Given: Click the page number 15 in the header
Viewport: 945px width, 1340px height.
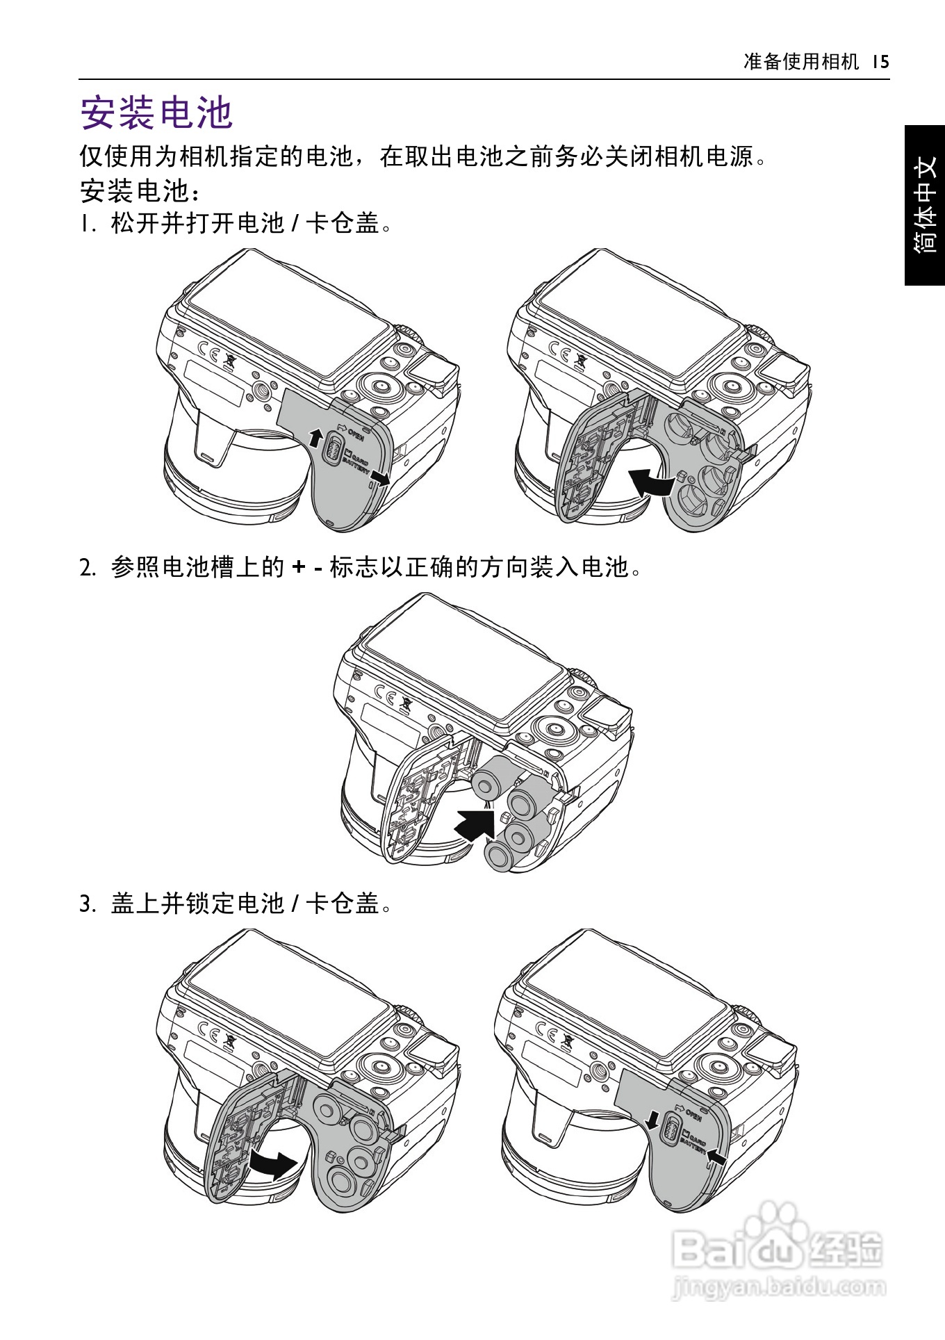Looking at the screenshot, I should (x=880, y=62).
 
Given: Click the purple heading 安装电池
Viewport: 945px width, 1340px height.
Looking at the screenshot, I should (x=156, y=113).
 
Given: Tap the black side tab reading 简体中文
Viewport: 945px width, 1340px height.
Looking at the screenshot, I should (x=925, y=205).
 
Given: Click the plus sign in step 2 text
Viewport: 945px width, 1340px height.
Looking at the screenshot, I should (x=299, y=568).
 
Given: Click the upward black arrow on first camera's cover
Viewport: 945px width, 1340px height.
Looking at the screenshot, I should (x=315, y=437).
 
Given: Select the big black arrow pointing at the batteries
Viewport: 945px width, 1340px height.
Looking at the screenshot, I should (x=475, y=825).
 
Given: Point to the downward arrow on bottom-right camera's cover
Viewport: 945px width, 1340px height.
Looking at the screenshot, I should (x=652, y=1120).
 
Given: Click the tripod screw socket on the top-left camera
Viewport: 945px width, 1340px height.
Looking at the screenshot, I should (x=261, y=391).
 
